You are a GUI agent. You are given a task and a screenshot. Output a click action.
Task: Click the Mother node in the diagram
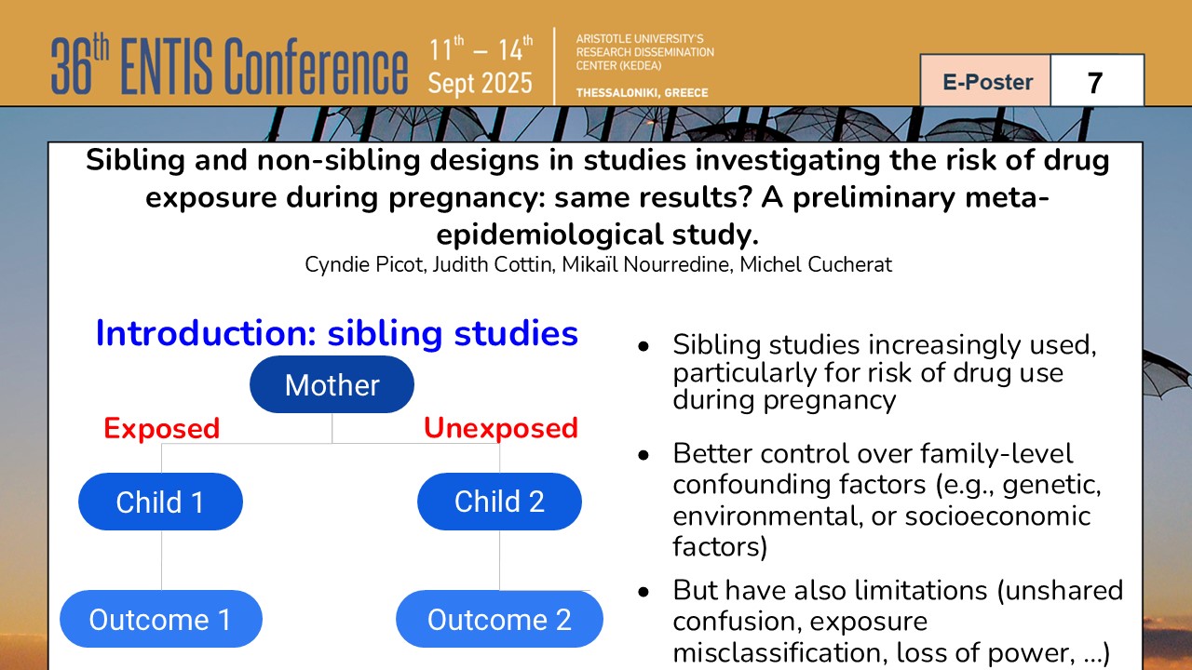click(x=332, y=384)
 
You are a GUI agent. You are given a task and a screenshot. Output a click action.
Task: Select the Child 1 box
click(x=161, y=502)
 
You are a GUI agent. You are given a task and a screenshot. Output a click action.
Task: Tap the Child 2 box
click(x=499, y=502)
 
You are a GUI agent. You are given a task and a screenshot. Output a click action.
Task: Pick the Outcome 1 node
click(x=161, y=619)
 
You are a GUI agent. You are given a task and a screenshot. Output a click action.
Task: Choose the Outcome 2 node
click(x=499, y=619)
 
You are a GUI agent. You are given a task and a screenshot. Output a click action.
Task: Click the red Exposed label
click(x=162, y=428)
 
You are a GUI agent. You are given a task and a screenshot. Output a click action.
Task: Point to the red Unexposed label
click(x=501, y=428)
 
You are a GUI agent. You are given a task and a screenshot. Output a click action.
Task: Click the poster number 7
click(x=1094, y=83)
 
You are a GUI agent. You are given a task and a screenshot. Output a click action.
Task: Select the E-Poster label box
click(x=986, y=81)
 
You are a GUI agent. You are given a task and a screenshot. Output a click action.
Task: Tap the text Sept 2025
click(x=480, y=84)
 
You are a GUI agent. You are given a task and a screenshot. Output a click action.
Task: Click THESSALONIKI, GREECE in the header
click(x=642, y=92)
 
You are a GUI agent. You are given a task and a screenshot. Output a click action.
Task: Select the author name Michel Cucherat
click(x=816, y=264)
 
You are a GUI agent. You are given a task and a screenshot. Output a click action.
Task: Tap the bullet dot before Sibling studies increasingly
click(x=643, y=347)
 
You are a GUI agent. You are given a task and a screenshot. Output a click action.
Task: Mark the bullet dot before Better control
click(x=643, y=455)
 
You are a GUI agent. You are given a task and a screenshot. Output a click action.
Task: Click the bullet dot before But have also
click(x=643, y=592)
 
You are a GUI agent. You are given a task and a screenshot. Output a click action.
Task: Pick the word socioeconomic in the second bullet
click(x=997, y=516)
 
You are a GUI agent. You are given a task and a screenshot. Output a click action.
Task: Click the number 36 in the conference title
click(x=72, y=66)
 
